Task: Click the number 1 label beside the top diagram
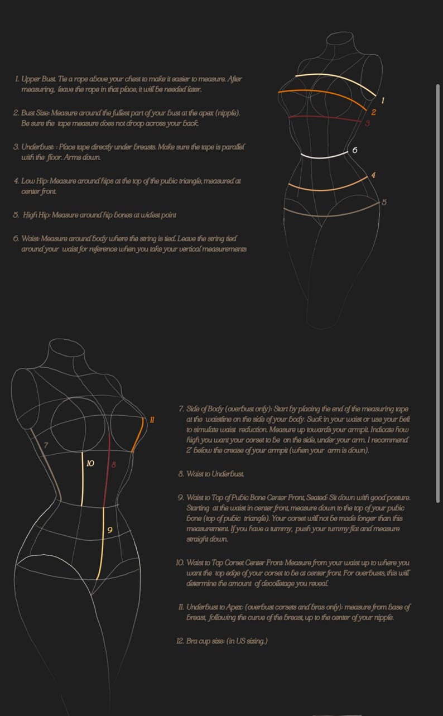point(383,100)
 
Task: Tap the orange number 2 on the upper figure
point(373,112)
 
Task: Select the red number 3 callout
point(367,123)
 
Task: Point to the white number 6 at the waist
point(355,150)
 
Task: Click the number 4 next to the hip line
point(373,175)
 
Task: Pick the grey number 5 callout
point(384,202)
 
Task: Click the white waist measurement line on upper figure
point(324,156)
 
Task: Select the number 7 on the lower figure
point(46,445)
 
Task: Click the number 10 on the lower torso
point(90,463)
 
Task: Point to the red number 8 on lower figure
point(113,465)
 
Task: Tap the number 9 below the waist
point(109,530)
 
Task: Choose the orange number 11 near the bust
point(152,420)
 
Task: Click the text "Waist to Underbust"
point(215,474)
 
